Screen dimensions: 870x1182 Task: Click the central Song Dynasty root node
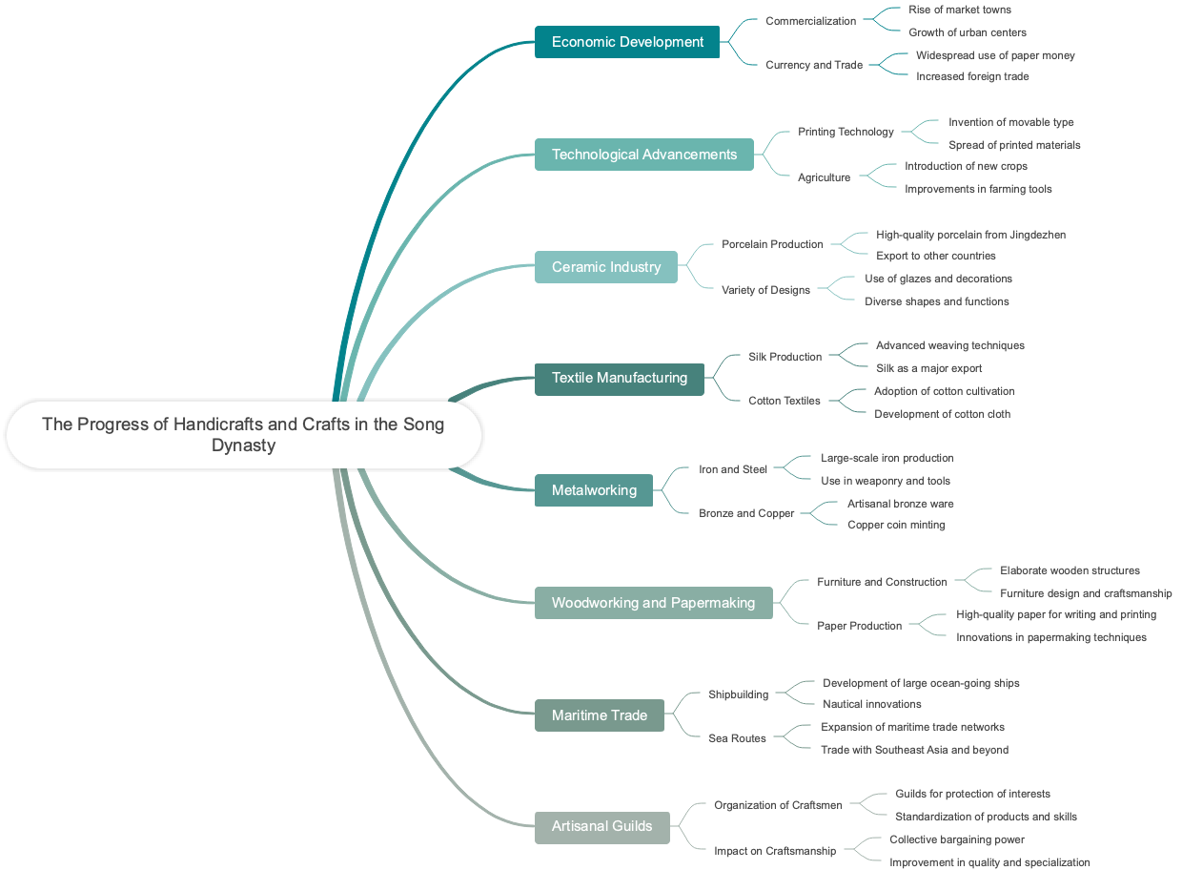click(x=243, y=435)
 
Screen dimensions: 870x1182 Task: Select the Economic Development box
click(x=627, y=42)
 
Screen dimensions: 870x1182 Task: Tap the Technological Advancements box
click(x=643, y=155)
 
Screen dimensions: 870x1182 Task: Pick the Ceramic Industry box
click(x=606, y=267)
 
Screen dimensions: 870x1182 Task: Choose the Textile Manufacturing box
click(x=620, y=378)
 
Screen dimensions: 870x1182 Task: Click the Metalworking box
click(x=594, y=490)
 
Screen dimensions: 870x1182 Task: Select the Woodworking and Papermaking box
click(x=653, y=603)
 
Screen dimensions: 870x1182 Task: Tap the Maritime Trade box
click(x=600, y=715)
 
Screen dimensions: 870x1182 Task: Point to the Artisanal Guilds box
click(x=602, y=826)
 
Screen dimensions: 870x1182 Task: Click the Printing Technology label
click(x=846, y=132)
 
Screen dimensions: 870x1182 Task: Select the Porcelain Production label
click(x=772, y=244)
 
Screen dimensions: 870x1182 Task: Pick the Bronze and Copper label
click(x=746, y=513)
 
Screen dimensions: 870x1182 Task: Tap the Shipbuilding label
click(x=738, y=694)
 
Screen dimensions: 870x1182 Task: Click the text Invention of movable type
click(x=1010, y=122)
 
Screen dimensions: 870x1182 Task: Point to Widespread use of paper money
click(x=995, y=55)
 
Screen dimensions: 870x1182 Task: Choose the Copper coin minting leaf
click(x=896, y=525)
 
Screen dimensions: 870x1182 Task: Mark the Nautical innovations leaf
click(x=871, y=704)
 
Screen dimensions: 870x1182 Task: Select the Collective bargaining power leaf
click(x=957, y=839)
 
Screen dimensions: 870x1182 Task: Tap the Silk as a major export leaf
click(x=928, y=368)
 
